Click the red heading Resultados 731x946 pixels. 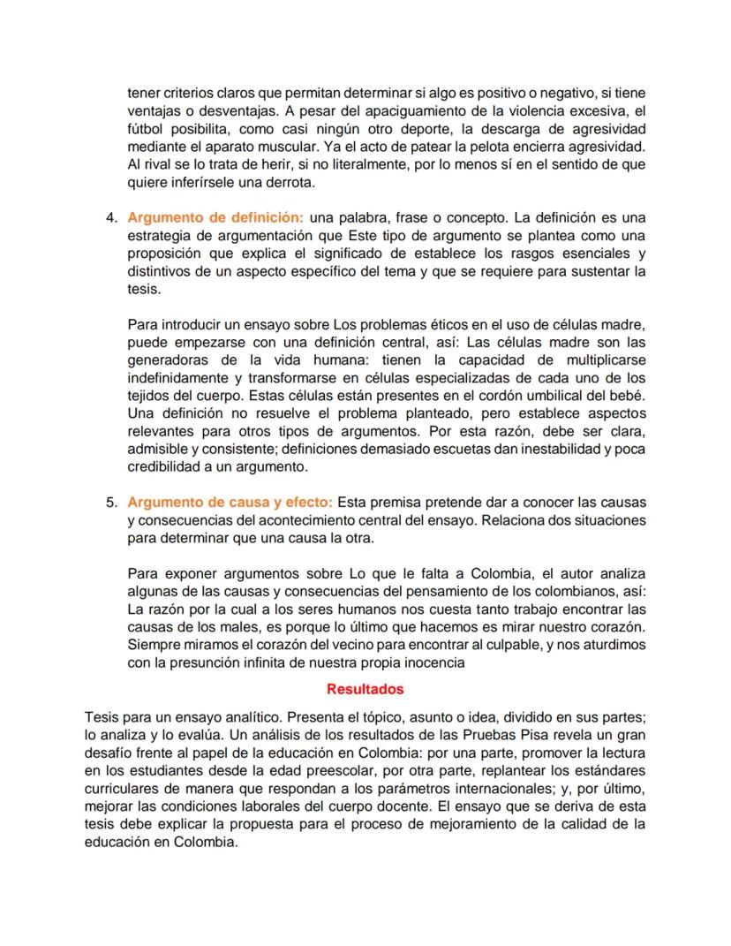coord(365,688)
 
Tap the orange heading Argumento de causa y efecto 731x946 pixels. coord(230,503)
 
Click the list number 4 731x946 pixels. coord(111,217)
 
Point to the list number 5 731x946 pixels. coord(111,503)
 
